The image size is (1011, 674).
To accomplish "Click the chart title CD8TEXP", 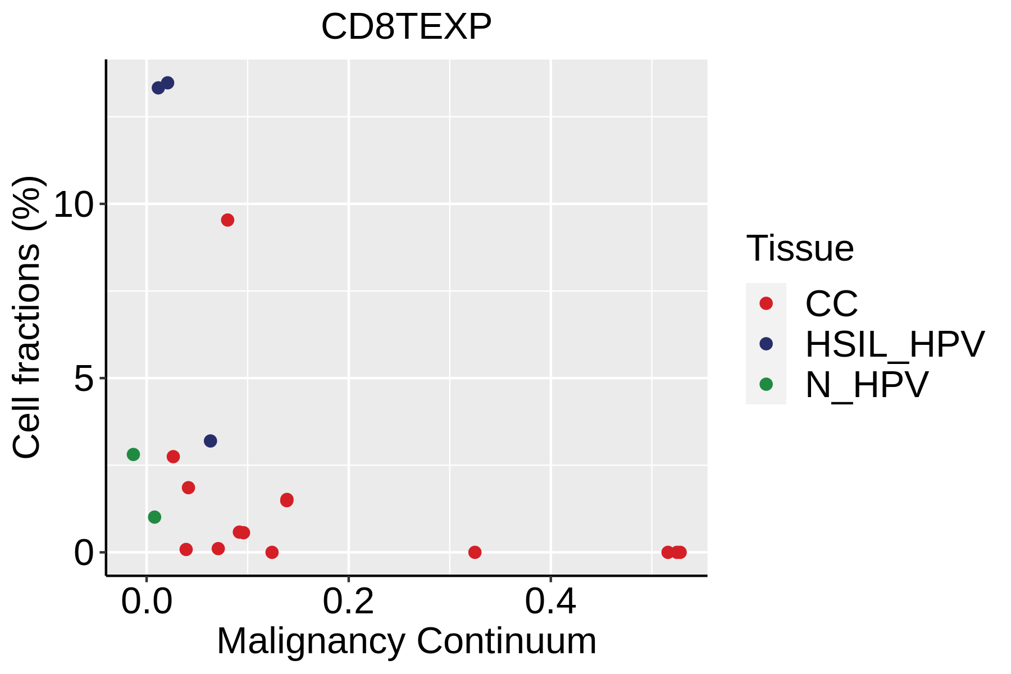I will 406,26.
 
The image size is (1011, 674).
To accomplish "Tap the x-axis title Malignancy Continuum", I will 406,641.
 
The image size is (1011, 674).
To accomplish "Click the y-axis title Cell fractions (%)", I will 26,317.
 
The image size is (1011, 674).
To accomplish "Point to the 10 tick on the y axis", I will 72,204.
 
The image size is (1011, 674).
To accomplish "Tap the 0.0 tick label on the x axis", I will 147,602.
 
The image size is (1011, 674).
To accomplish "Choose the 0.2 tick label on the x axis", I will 348,602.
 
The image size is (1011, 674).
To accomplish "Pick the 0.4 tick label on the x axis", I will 550,602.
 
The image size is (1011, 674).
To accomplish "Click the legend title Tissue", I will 800,248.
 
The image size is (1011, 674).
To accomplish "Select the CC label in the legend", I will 831,304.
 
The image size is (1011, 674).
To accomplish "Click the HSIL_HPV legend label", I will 895,344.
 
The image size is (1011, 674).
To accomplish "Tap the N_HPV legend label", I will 867,385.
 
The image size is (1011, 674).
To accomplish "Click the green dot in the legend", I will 766,384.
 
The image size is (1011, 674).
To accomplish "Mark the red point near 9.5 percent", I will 227,220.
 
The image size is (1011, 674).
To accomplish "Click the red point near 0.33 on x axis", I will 475,552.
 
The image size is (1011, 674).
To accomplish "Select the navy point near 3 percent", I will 211,441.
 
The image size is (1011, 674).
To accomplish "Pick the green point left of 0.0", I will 133,454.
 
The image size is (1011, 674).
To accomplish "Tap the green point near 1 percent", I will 154,517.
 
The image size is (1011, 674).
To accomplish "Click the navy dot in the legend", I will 766,344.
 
